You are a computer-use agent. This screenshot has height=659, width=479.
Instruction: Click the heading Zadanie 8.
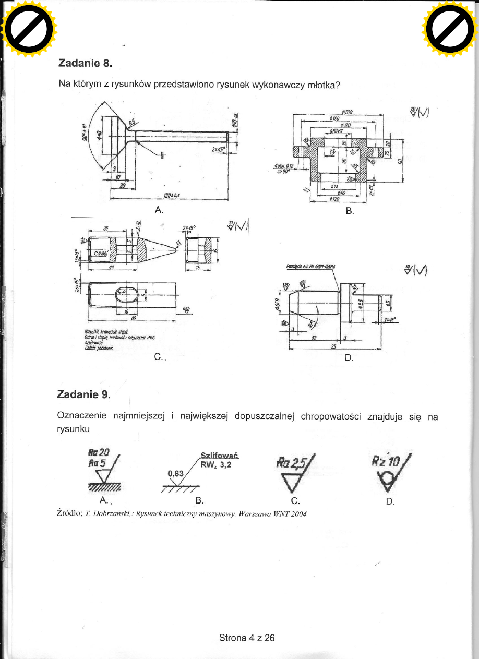click(85, 64)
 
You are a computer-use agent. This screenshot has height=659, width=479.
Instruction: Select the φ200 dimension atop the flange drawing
click(348, 112)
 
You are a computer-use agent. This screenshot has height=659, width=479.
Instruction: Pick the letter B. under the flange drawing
click(349, 212)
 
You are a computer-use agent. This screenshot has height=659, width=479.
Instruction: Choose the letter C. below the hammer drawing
click(158, 358)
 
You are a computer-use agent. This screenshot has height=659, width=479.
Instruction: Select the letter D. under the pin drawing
click(349, 358)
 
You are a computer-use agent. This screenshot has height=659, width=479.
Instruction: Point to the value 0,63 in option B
click(176, 473)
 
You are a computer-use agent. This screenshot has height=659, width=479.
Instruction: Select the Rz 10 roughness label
click(385, 461)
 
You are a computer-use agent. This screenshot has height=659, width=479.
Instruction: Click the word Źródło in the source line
click(70, 513)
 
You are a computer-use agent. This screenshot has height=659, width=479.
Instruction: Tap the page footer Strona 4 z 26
click(247, 637)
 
